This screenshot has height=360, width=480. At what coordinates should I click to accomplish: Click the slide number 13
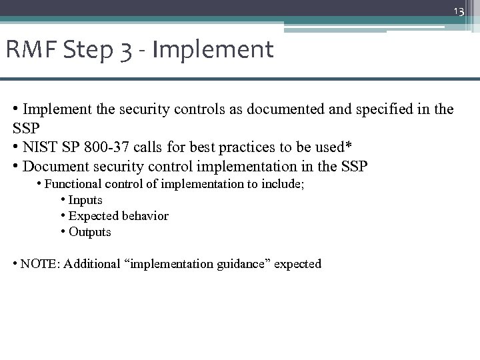[459, 11]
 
